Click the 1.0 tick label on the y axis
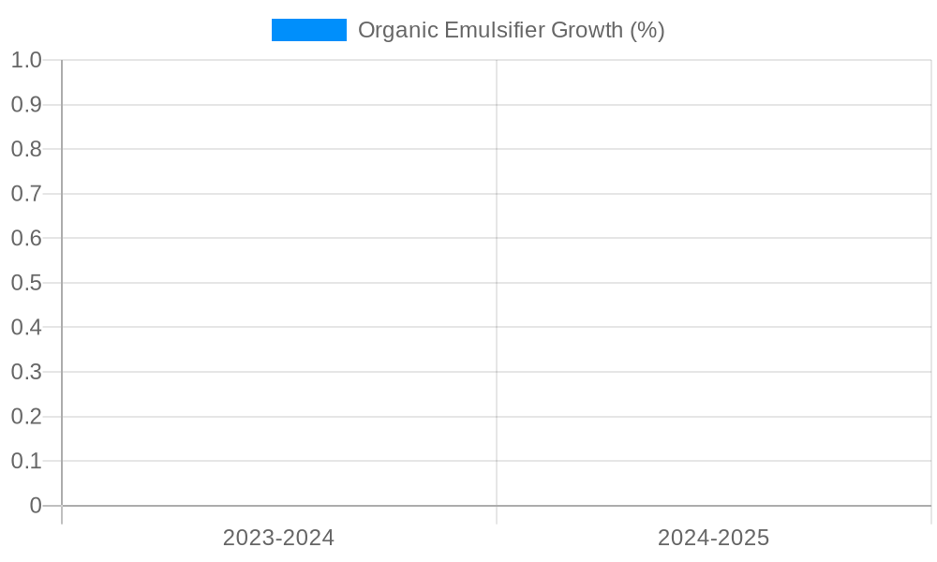(x=26, y=60)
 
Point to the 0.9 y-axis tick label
(x=26, y=105)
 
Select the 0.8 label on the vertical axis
(x=26, y=149)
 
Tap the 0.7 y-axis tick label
(x=26, y=194)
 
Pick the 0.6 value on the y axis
(x=26, y=238)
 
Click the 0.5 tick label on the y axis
(x=26, y=283)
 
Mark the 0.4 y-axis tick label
(x=26, y=327)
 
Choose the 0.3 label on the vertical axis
(x=26, y=372)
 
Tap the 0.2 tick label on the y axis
(x=26, y=416)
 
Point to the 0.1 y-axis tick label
(x=26, y=461)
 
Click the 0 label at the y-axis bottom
(x=36, y=506)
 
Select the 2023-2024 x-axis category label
(x=278, y=538)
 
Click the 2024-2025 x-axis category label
(x=713, y=538)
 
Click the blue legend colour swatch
(x=308, y=30)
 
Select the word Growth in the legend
(x=587, y=30)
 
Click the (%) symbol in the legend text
(x=647, y=30)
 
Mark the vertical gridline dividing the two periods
(x=497, y=281)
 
